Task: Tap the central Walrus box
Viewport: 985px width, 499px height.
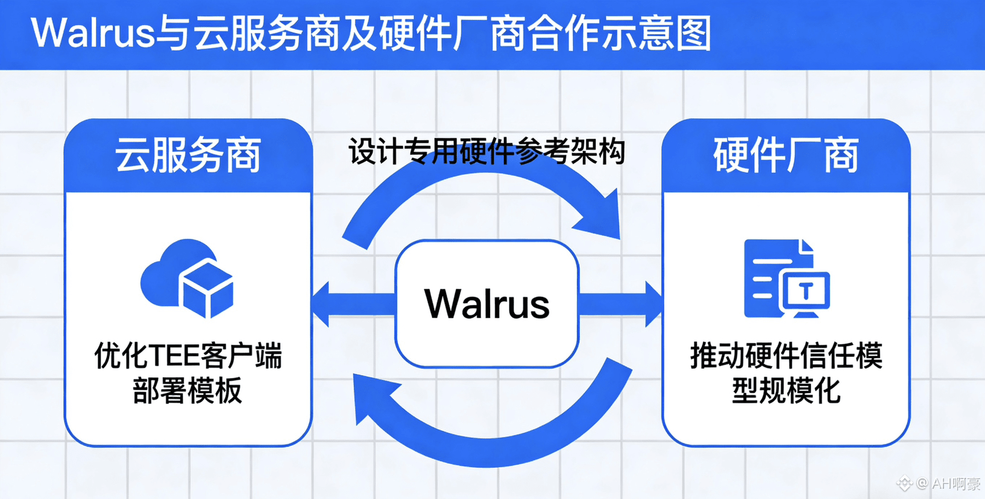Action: tap(487, 303)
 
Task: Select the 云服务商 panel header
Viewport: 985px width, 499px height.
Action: tap(188, 155)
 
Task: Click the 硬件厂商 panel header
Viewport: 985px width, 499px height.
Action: tap(786, 155)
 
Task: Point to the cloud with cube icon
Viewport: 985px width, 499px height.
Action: tap(187, 278)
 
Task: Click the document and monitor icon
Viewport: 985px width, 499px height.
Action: tap(786, 278)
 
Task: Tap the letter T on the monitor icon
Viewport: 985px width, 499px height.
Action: tap(807, 292)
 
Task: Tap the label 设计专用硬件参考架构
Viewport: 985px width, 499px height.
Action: tap(487, 151)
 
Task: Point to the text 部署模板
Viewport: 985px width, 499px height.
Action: tap(187, 391)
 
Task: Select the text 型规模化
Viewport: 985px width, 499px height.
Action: tap(786, 391)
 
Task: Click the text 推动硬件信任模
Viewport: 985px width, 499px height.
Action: tap(786, 356)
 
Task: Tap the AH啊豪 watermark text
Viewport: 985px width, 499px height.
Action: tap(955, 483)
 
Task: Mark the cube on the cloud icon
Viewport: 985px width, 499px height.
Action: tap(207, 288)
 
